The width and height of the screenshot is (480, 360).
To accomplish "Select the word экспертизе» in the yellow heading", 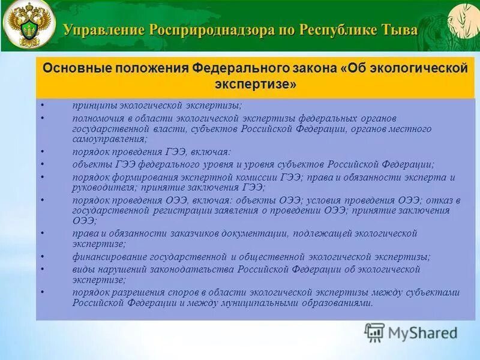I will click(255, 85).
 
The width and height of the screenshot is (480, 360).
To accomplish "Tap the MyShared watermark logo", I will click(410, 332).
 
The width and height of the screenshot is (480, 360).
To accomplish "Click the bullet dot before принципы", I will click(43, 106).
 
